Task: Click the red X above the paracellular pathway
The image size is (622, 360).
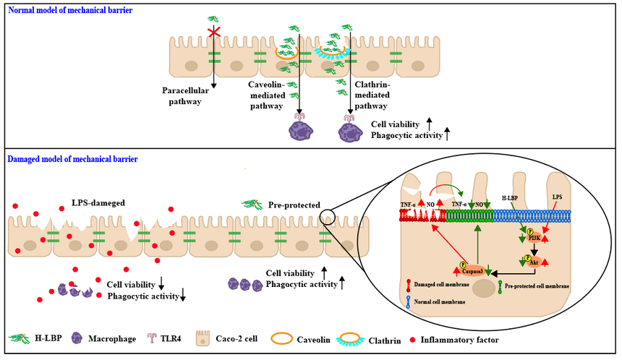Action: point(213,32)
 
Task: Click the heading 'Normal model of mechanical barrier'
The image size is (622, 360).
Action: point(70,11)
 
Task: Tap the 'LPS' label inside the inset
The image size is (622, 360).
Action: point(557,197)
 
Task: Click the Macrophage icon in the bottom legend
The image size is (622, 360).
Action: point(76,338)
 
